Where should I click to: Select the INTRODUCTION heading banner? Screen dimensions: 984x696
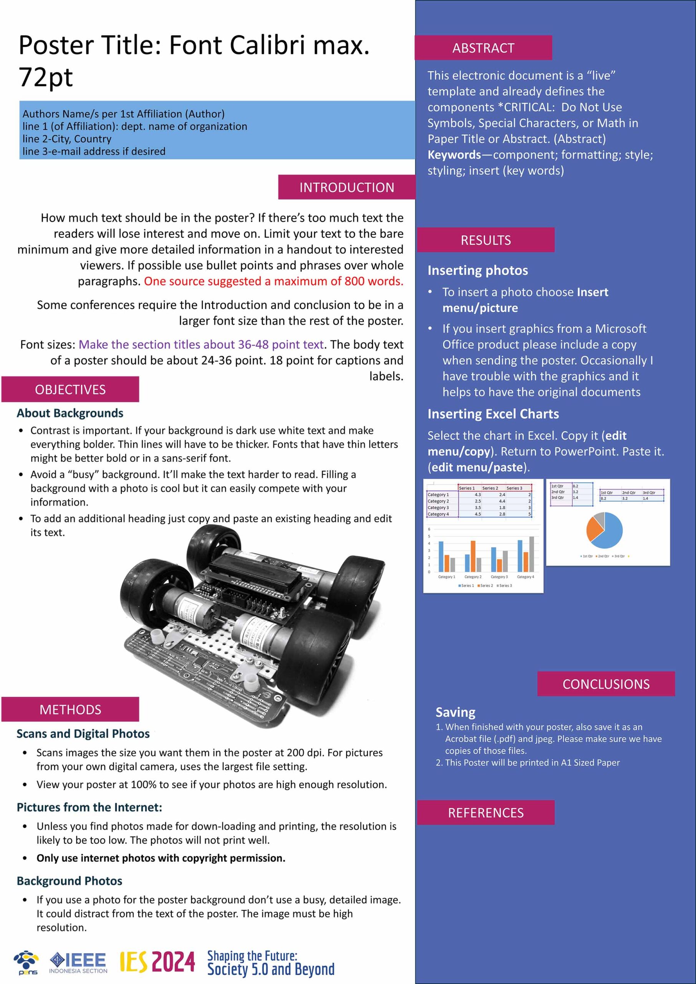(346, 187)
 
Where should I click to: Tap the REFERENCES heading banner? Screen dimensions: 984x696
(486, 813)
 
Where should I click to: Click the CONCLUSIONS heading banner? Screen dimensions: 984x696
(606, 684)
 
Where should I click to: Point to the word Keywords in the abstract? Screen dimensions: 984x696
(454, 155)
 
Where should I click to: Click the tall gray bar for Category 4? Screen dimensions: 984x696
(532, 554)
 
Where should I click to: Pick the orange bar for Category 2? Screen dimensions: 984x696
(473, 556)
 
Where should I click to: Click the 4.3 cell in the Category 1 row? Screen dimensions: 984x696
(477, 495)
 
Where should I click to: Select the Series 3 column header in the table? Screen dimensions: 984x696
(514, 488)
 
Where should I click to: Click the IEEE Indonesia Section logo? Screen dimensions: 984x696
(78, 963)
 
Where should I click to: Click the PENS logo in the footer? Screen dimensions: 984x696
(27, 962)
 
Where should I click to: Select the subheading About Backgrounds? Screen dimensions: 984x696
(70, 413)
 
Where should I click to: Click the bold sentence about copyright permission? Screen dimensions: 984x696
(161, 858)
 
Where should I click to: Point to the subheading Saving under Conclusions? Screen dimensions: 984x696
(455, 712)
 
